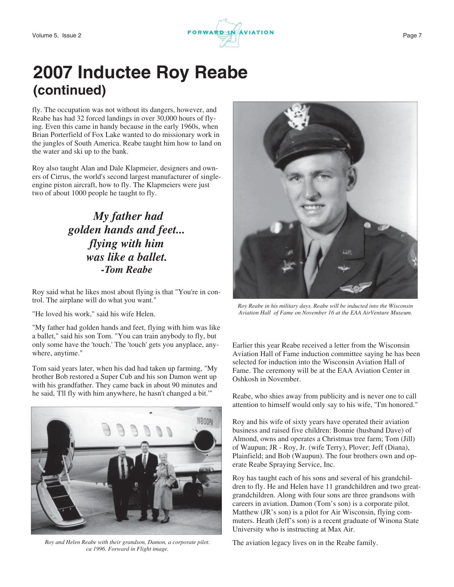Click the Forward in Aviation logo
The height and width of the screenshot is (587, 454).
(x=230, y=33)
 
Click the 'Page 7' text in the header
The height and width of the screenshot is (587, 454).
(x=412, y=35)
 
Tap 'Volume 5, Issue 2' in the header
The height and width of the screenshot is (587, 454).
(x=57, y=35)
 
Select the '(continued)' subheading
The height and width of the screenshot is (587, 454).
(x=69, y=90)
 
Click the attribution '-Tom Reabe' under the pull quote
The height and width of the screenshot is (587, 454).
(x=126, y=270)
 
